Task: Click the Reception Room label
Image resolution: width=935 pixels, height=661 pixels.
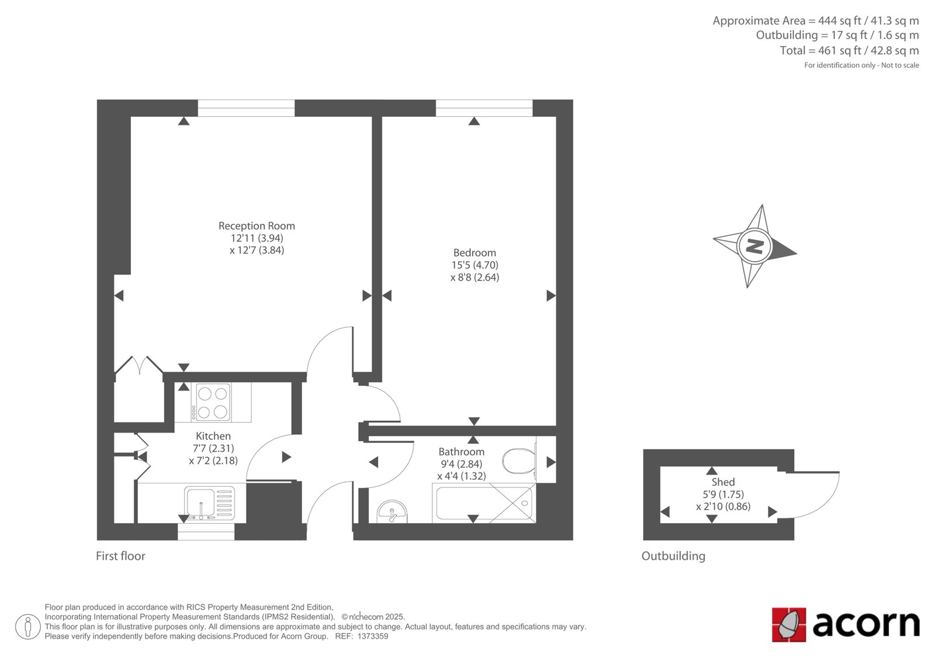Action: click(x=257, y=226)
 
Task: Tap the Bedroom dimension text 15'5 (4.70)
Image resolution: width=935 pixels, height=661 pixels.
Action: click(x=475, y=265)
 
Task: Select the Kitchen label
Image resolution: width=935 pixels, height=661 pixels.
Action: click(x=213, y=436)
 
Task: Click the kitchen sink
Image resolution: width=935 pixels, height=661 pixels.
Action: click(x=210, y=503)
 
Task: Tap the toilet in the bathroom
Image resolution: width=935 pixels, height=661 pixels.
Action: click(x=520, y=461)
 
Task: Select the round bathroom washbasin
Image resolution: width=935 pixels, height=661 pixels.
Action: click(x=392, y=512)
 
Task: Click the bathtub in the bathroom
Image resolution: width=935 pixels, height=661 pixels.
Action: click(x=484, y=503)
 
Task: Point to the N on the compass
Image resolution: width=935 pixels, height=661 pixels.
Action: click(x=754, y=246)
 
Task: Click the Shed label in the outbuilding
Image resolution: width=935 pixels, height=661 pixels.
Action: click(x=723, y=482)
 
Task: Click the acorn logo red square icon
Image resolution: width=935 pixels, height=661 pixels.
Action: click(x=788, y=625)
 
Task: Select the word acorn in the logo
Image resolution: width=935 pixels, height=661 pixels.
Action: click(x=866, y=624)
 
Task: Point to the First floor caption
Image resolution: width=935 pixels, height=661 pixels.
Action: click(x=120, y=556)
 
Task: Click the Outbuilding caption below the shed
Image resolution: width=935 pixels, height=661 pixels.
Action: click(x=673, y=556)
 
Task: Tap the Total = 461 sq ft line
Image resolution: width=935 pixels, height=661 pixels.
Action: click(x=850, y=50)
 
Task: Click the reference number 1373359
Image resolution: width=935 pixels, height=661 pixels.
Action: click(x=373, y=636)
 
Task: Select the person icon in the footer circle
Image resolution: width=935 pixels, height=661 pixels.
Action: click(x=28, y=627)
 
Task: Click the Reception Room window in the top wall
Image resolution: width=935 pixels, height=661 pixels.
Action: click(x=246, y=108)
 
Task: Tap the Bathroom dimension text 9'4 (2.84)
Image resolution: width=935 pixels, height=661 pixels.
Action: click(x=461, y=464)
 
